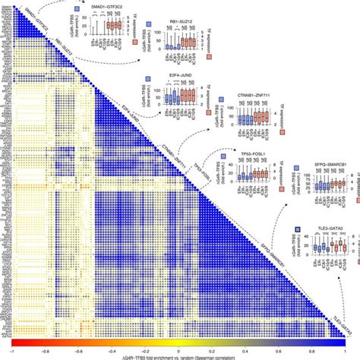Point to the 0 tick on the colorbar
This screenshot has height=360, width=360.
click(181, 351)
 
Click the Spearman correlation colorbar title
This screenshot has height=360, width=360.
click(181, 358)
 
